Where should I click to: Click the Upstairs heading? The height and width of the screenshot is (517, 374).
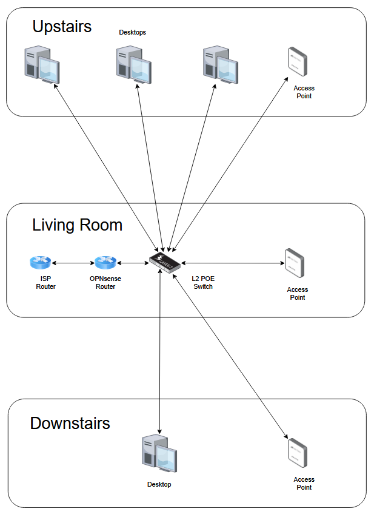click(x=62, y=27)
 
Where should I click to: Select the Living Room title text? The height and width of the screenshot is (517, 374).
click(x=77, y=225)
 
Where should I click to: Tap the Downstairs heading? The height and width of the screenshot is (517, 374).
click(x=70, y=423)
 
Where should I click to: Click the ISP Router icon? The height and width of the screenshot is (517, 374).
click(x=41, y=263)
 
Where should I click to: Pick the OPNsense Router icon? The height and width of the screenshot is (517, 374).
click(x=105, y=263)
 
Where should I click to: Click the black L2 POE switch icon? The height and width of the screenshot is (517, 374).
click(x=164, y=263)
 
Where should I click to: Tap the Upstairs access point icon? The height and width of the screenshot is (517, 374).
click(x=296, y=62)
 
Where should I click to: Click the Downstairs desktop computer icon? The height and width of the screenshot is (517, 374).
click(x=159, y=453)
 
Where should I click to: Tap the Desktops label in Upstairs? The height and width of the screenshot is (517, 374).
click(x=132, y=33)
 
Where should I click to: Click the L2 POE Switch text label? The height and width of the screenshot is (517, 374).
click(x=203, y=283)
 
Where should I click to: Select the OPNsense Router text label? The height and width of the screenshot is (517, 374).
click(x=105, y=283)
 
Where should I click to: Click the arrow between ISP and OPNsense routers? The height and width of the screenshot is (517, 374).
click(x=73, y=263)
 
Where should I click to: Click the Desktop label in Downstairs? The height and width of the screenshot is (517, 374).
click(x=159, y=484)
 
